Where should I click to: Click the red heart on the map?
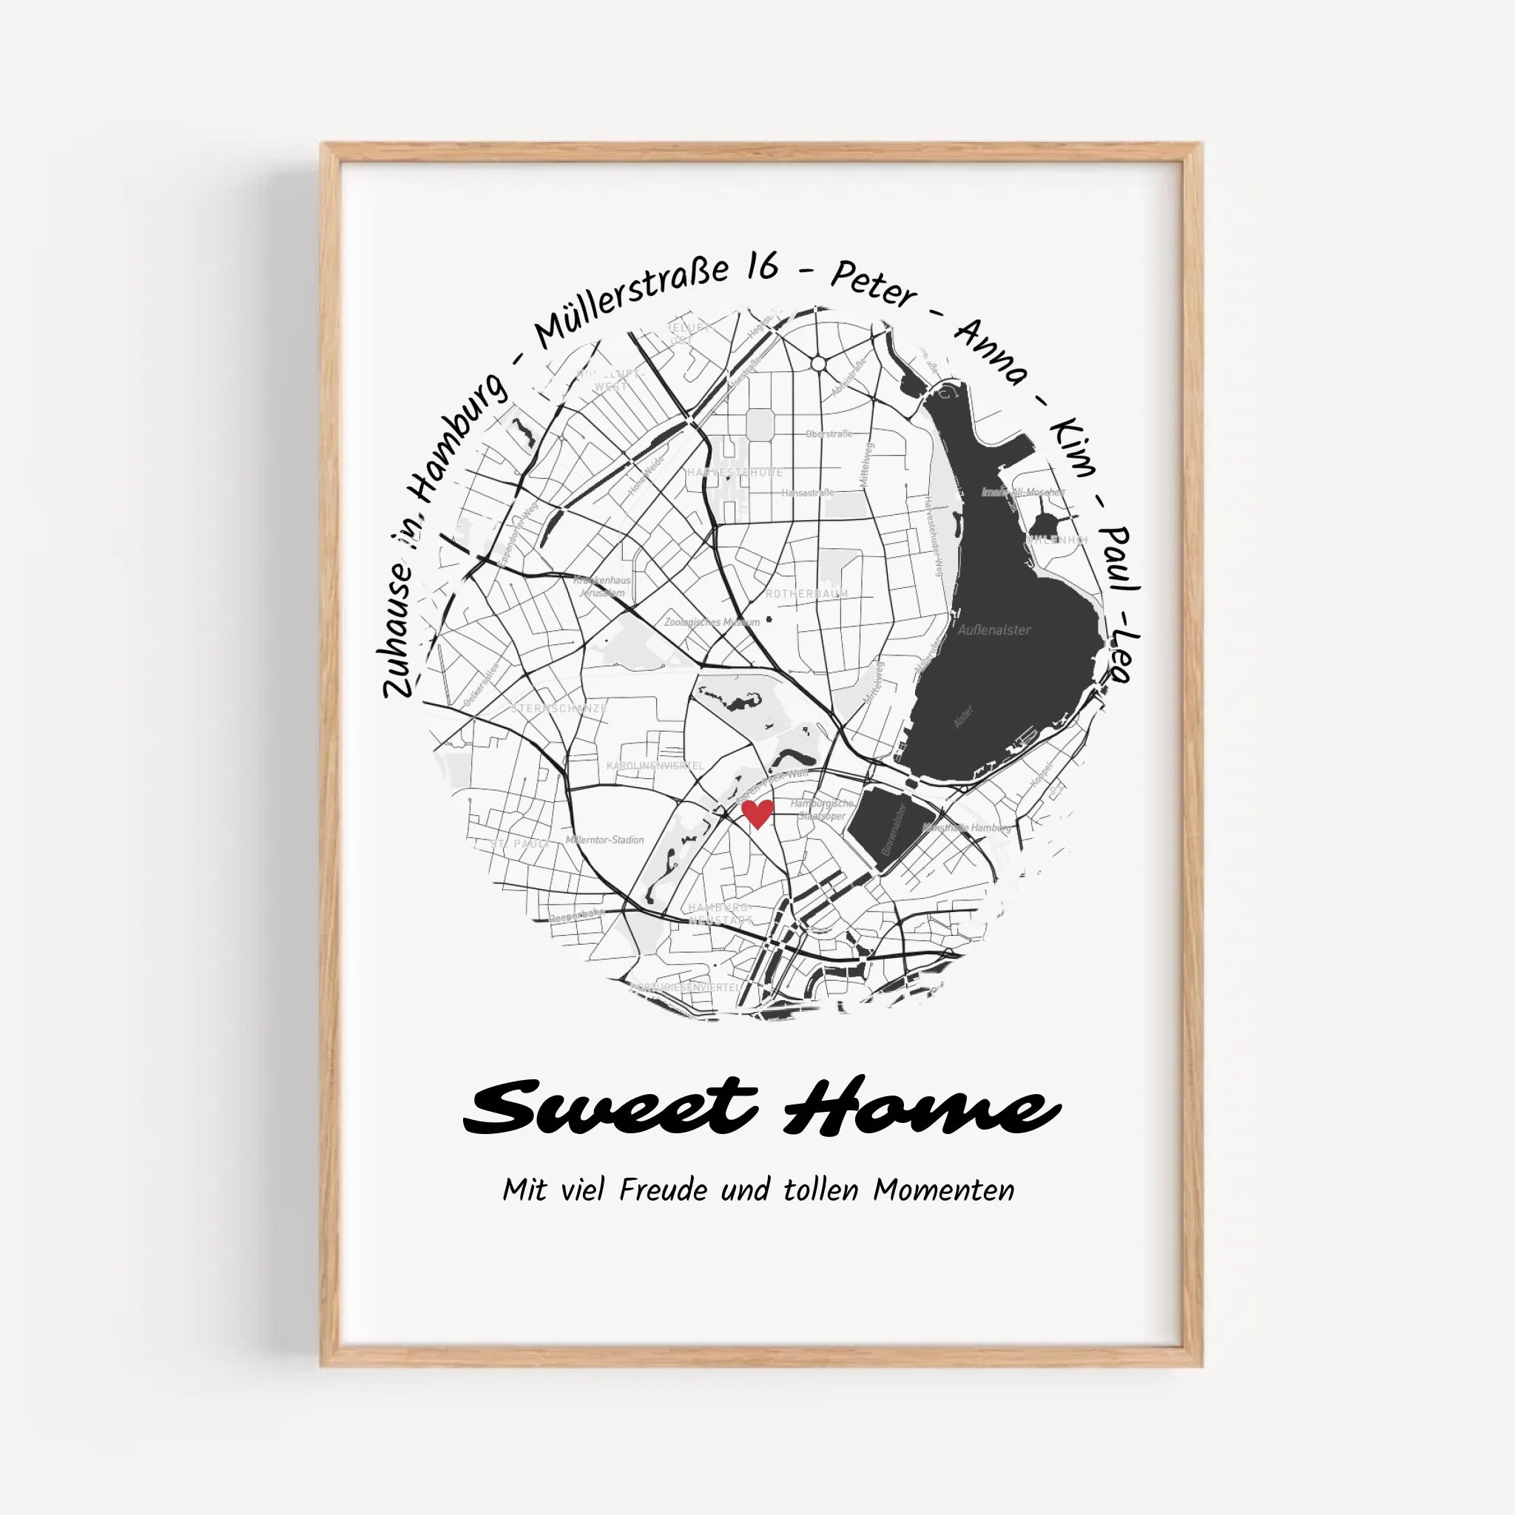click(x=757, y=813)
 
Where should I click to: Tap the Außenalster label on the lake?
click(x=994, y=630)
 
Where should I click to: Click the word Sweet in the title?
click(x=611, y=1106)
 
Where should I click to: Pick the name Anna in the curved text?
click(x=991, y=351)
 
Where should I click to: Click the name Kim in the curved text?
click(x=1071, y=447)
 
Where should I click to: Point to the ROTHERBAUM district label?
click(x=807, y=593)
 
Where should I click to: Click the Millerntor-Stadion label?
click(x=604, y=840)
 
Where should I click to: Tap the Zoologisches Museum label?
click(x=712, y=622)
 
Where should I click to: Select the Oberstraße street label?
click(x=829, y=433)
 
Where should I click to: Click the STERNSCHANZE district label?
click(x=559, y=708)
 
